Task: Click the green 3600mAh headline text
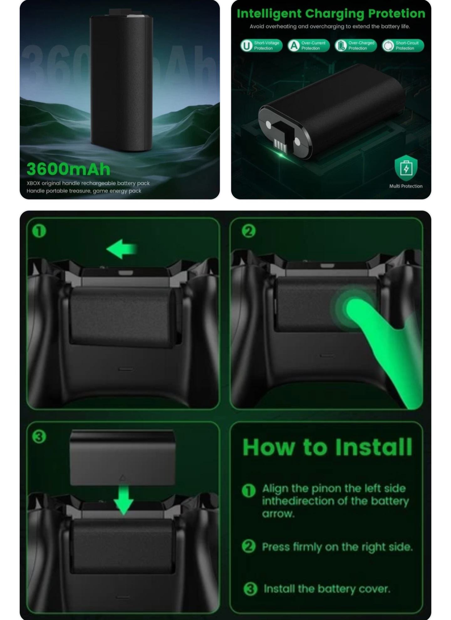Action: (68, 169)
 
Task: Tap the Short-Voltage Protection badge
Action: (261, 46)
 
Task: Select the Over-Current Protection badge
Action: (308, 46)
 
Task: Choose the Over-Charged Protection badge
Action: (356, 46)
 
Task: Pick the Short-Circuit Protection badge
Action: (403, 46)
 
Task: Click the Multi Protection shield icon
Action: (406, 168)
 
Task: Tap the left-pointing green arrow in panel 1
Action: (122, 249)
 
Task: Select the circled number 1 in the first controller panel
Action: (39, 231)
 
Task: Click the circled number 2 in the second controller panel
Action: (249, 231)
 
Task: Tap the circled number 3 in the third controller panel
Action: (39, 436)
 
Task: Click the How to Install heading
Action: (327, 447)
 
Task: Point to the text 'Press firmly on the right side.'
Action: (337, 547)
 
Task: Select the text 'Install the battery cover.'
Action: (327, 589)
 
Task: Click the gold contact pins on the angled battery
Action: (280, 145)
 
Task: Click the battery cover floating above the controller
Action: (122, 457)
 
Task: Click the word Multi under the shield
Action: (395, 186)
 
